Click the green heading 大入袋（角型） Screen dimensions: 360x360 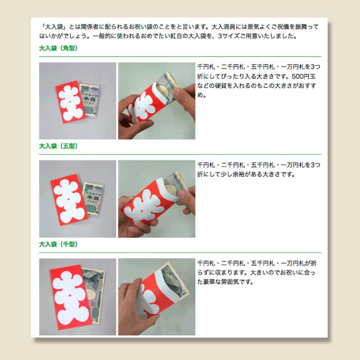(x=58, y=48)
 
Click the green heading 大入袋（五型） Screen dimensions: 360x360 (x=58, y=146)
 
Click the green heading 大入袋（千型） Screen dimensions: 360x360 (x=58, y=244)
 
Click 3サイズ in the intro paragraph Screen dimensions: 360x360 (x=228, y=36)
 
